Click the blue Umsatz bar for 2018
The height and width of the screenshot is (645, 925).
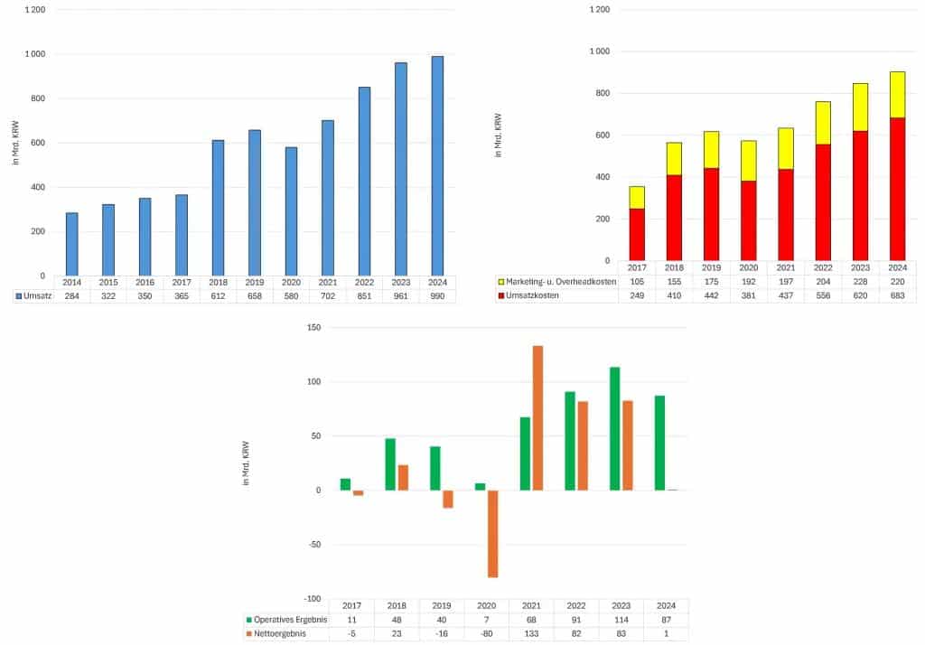(x=218, y=208)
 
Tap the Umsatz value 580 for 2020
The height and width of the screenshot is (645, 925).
(x=291, y=296)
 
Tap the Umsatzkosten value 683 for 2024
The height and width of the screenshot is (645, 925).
(x=896, y=295)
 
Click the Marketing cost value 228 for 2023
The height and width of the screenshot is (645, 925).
(x=859, y=282)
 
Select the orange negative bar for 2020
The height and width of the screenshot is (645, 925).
(x=493, y=534)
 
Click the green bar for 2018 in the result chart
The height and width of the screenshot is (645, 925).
(x=390, y=464)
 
